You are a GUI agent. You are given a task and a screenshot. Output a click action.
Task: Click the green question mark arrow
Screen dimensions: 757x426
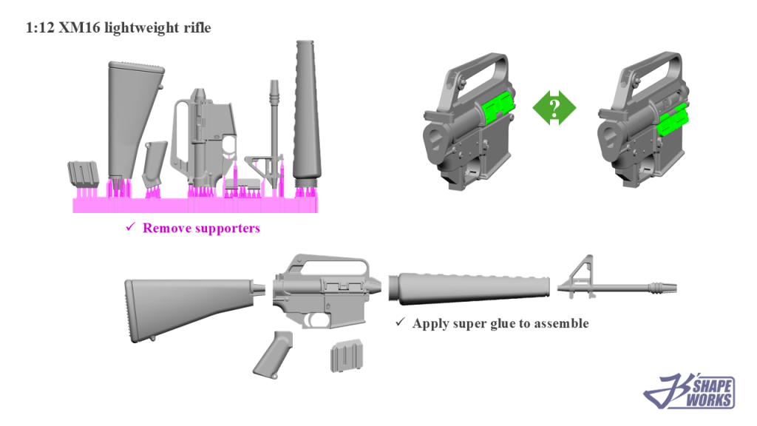click(x=554, y=108)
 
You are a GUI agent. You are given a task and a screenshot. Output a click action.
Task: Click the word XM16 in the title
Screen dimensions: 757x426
click(x=79, y=27)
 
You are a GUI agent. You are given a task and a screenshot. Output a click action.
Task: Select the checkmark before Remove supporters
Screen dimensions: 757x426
click(x=130, y=226)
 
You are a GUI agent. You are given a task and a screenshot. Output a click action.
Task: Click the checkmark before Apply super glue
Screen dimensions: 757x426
click(x=400, y=322)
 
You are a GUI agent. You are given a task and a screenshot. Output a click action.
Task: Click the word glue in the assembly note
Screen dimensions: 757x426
click(x=503, y=324)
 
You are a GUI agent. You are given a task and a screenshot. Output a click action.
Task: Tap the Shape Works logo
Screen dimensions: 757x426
click(x=689, y=390)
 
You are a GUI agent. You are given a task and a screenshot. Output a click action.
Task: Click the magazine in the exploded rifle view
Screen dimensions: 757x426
click(x=346, y=356)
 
